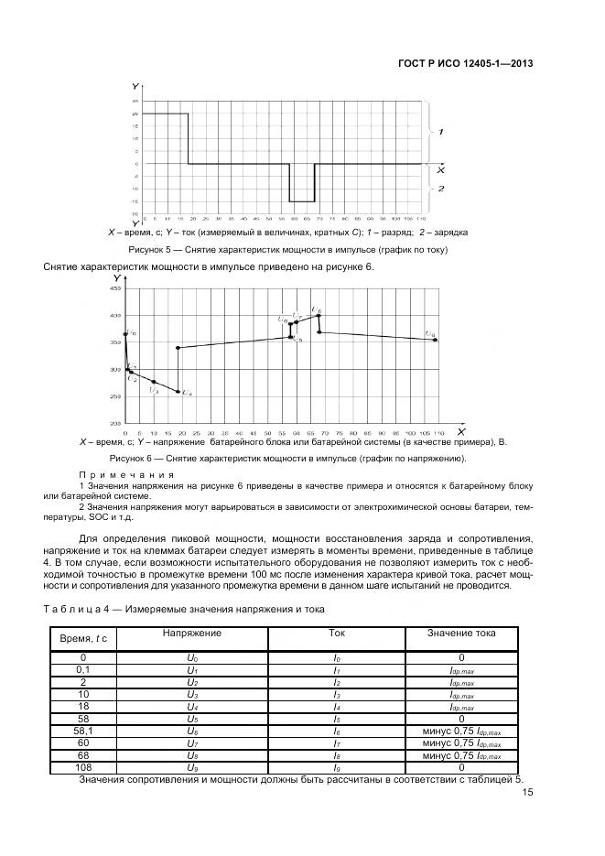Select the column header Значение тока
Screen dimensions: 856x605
(460, 633)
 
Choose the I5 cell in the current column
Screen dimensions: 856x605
(336, 719)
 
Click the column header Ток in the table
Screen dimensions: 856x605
(336, 633)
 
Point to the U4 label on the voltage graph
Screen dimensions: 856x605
(187, 393)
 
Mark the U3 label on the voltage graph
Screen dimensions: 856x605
(154, 391)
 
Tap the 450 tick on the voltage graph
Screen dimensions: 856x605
(114, 288)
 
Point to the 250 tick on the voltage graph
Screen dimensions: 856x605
(114, 396)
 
